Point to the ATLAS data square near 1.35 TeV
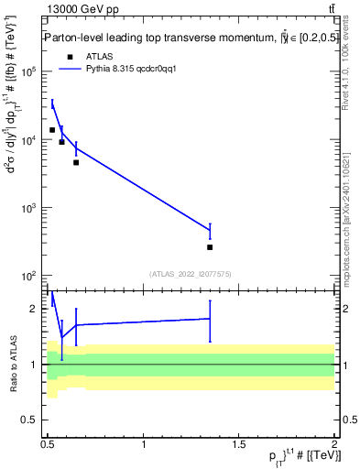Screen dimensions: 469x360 tap(210, 247)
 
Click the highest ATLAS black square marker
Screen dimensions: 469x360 tap(52, 130)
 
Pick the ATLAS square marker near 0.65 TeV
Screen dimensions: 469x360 tap(76, 162)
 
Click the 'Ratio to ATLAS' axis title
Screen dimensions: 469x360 tap(12, 364)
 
